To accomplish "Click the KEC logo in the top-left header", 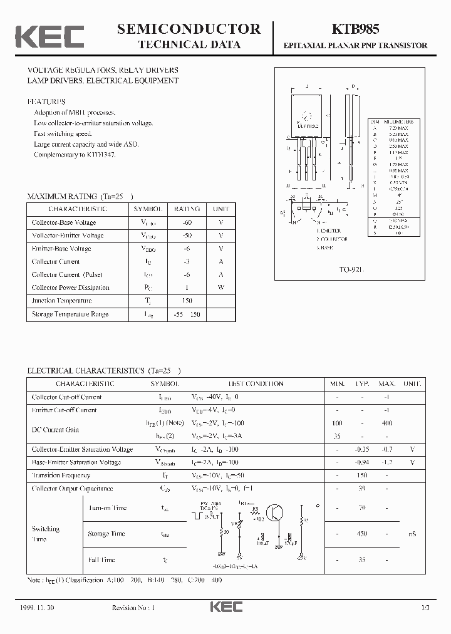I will coord(49,36).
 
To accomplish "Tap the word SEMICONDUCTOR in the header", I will coord(189,28).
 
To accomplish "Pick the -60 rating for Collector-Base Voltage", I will coord(187,222).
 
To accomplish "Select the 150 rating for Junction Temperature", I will coord(187,301).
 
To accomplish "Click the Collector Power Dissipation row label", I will coord(71,288).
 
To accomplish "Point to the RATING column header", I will coord(187,209).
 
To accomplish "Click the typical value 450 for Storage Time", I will coord(362,534).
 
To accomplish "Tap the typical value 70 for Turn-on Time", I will coord(362,508).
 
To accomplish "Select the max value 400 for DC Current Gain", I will coord(386,424).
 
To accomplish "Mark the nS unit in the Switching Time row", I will coord(412,534).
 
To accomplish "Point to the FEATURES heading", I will coord(46,101).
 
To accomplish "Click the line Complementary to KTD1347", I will coord(75,154).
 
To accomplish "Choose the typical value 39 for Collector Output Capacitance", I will coord(362,488).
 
